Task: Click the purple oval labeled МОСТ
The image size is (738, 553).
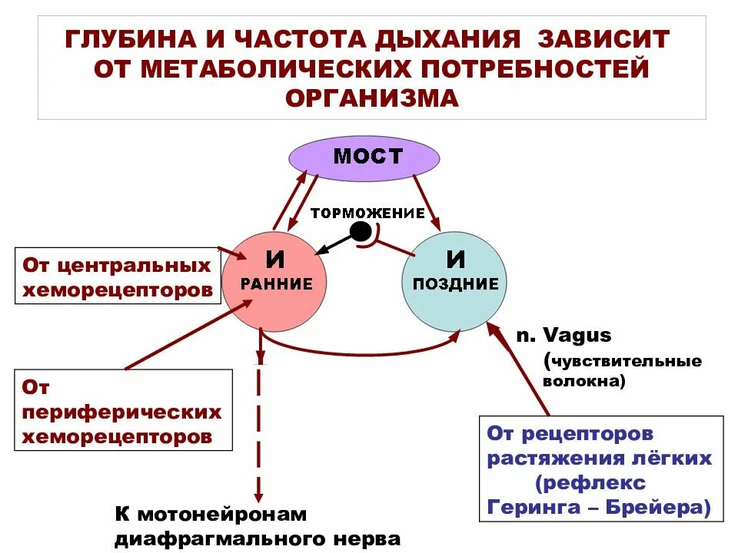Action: pos(364,158)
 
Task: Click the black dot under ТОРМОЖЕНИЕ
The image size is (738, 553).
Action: pos(359,230)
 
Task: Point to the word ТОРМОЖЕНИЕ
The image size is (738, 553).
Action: pos(367,213)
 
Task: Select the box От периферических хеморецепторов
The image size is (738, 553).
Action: pos(123,411)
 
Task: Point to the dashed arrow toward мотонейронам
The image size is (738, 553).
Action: pos(259,430)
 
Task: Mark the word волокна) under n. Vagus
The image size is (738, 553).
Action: pos(584,379)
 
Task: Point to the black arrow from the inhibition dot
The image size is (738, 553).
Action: pos(334,242)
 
